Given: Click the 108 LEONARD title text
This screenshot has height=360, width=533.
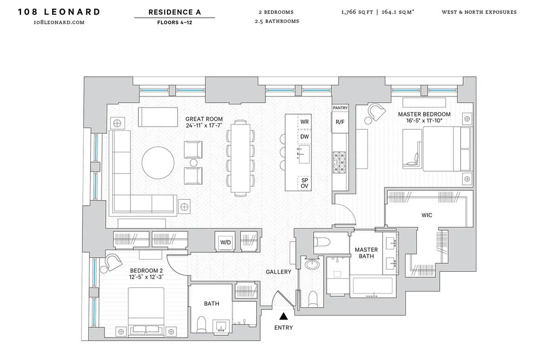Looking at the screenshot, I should (59, 12).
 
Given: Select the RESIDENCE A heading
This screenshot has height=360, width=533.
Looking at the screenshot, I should (174, 12).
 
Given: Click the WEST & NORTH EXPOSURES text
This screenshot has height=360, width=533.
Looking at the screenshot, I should (479, 12).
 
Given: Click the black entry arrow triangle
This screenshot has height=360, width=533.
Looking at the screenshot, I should (283, 317).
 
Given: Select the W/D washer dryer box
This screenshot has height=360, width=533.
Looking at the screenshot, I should (225, 242).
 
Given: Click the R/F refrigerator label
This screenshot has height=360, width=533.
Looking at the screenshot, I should (340, 122).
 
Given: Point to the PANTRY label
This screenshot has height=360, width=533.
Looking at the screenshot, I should (340, 108).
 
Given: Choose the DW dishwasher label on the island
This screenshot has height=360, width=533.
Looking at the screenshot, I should (305, 136).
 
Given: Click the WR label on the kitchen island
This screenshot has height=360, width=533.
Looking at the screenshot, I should (305, 122).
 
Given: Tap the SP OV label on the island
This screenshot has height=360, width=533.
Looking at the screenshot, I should (305, 182).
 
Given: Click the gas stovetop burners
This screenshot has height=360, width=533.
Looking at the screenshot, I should (339, 158).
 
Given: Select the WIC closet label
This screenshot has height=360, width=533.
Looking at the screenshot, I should (427, 215).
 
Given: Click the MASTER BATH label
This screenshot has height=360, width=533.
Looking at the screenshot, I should (366, 253).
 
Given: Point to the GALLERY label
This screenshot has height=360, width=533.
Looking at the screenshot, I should (278, 272).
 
